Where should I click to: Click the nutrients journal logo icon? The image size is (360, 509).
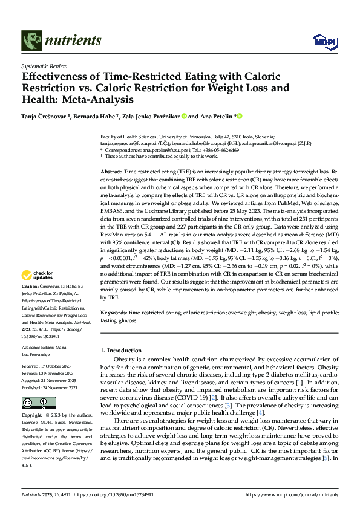30,41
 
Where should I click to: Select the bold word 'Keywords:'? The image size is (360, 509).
114,313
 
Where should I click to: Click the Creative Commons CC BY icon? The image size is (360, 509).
30,403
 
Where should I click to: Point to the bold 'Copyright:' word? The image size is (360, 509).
31,416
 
